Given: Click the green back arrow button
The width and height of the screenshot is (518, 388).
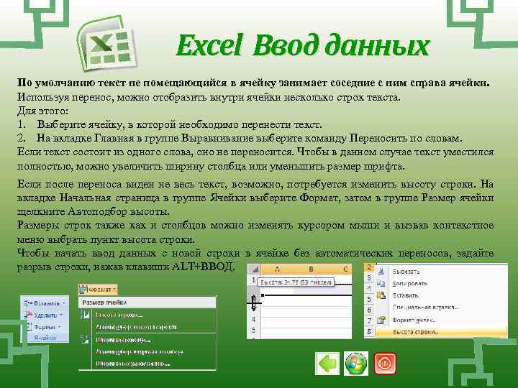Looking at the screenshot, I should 327,364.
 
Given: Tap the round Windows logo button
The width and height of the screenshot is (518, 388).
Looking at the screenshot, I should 356,364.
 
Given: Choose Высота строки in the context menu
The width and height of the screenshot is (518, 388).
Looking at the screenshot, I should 416,332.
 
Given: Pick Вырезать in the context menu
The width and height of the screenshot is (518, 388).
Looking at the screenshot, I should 406,271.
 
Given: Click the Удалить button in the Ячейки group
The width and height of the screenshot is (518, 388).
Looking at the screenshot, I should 47,314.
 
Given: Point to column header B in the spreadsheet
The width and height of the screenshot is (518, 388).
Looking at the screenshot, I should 309,269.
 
